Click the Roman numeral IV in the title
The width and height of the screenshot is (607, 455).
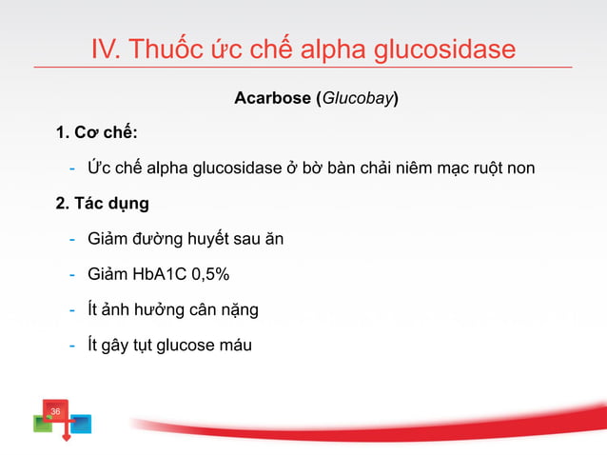(104, 49)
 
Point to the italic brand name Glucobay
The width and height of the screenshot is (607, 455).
(357, 98)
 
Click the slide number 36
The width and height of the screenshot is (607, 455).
(55, 410)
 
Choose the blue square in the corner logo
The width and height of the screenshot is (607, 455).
(82, 423)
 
